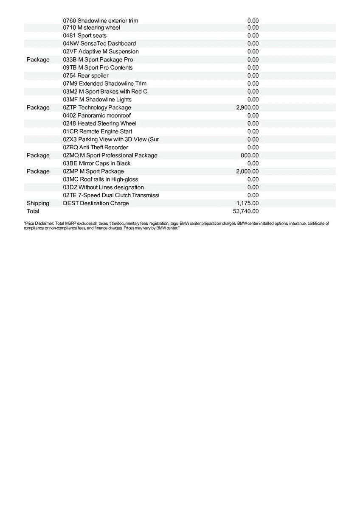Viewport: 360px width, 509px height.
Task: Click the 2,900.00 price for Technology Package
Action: (x=247, y=108)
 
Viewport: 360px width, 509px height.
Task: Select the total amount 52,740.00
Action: (x=246, y=211)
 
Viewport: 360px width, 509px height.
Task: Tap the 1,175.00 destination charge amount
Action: (x=247, y=203)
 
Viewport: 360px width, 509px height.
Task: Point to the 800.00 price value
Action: (x=250, y=156)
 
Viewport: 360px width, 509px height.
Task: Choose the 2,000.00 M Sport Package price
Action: (x=247, y=171)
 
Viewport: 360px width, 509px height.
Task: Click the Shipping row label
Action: (x=38, y=203)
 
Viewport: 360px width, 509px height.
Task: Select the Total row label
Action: (x=33, y=211)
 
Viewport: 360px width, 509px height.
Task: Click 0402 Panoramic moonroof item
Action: (x=97, y=115)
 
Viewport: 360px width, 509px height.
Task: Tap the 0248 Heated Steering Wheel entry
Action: (x=100, y=123)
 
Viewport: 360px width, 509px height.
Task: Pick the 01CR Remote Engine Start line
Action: (x=98, y=131)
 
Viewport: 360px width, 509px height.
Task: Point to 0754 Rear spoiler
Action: (x=86, y=76)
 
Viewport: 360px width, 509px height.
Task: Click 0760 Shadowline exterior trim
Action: (x=101, y=21)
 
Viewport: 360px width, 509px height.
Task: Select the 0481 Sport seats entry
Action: (x=85, y=36)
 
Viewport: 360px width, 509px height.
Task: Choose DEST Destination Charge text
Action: (x=96, y=203)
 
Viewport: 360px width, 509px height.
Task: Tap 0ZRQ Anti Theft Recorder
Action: (x=96, y=148)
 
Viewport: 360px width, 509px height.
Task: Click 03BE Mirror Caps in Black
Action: (x=97, y=163)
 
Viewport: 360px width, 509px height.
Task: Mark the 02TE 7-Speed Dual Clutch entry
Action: (x=111, y=195)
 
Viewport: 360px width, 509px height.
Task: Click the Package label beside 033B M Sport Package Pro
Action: (x=38, y=60)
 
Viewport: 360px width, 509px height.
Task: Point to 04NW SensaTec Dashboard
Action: (x=99, y=44)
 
